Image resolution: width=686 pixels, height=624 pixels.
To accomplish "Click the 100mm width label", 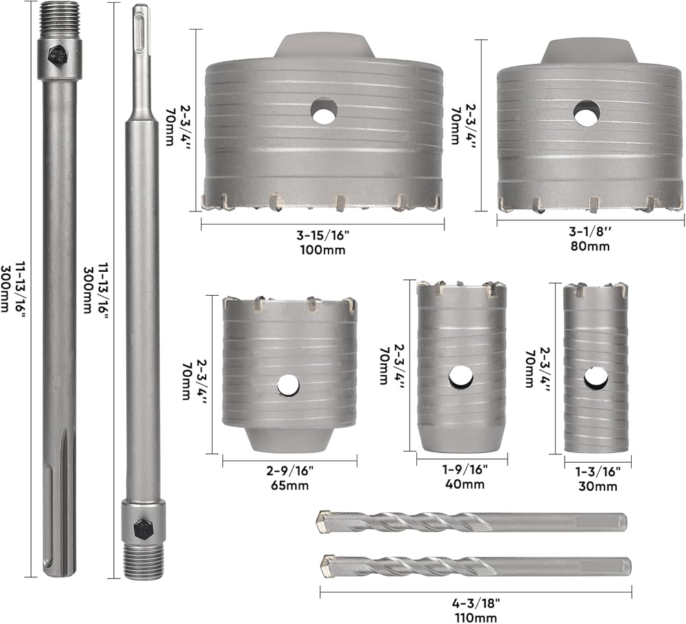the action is coord(323,250).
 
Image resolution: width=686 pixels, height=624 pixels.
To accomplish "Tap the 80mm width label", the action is coord(590,246).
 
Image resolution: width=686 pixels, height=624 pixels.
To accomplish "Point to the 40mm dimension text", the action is coord(464,484).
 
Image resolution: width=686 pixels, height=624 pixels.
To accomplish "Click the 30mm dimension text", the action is coord(598,486).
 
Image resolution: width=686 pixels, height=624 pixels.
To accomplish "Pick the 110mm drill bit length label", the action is coord(475,618).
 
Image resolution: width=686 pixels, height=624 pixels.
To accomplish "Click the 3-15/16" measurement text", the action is coord(323,235).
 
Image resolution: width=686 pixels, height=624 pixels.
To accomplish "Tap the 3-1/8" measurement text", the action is coord(590,231).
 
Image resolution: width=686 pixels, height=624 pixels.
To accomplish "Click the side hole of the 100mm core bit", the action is coord(324,110).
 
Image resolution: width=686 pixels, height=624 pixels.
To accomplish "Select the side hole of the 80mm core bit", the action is coord(587,113).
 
